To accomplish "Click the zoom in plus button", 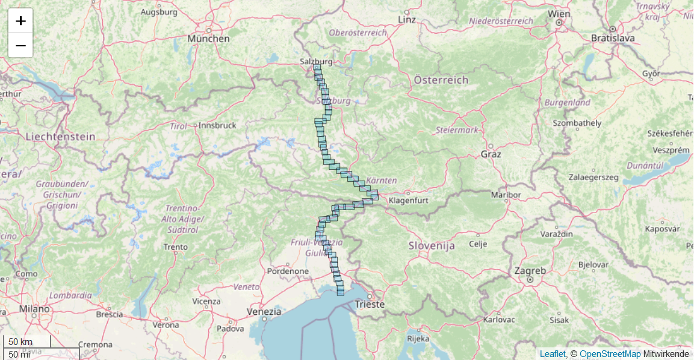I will coord(20,21).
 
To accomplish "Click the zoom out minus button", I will coord(20,45).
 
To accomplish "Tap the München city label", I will coord(208,39).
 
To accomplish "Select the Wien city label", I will coord(559,14).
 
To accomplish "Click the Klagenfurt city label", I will coord(409,200).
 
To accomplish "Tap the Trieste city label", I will coord(370,304).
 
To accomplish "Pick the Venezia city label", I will coord(264,312).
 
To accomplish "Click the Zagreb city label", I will coord(530,271).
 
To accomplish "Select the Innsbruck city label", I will coord(217,125).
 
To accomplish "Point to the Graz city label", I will coord(491,154).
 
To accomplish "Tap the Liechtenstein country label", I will coord(60,137).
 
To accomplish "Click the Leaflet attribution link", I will coord(552,354).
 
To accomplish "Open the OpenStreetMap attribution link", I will coord(610,354).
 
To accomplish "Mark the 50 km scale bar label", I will coord(20,342).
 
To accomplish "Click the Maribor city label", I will coord(506,195).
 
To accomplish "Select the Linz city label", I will coord(407,19).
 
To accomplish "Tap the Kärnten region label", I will coord(382,180).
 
